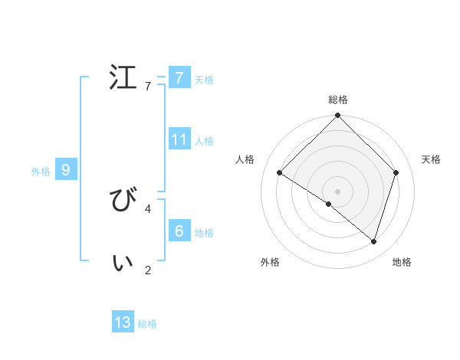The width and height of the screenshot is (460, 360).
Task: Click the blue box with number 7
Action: [x=179, y=77]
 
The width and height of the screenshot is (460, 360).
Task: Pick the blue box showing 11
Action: [x=179, y=139]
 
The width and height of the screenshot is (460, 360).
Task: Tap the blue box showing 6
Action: [x=179, y=231]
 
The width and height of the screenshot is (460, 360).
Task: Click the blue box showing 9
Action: [x=65, y=170]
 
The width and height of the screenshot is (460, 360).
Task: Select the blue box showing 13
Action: [x=123, y=322]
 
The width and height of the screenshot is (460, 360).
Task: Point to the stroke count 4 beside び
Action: [x=148, y=208]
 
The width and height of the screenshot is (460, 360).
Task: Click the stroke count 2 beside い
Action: [x=148, y=270]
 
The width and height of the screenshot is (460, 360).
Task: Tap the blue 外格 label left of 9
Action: [x=41, y=172]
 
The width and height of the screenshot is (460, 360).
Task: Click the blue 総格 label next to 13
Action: [x=147, y=324]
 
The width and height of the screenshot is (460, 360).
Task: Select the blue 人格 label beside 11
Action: [x=204, y=141]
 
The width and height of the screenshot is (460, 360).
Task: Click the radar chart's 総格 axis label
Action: [x=338, y=100]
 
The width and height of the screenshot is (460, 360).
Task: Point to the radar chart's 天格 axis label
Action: [x=431, y=159]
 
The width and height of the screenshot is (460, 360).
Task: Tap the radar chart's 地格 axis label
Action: [x=402, y=262]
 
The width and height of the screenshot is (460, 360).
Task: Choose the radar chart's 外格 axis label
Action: [x=270, y=262]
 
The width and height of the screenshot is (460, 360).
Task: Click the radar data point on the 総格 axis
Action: [x=338, y=116]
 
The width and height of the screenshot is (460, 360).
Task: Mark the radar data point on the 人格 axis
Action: [x=280, y=173]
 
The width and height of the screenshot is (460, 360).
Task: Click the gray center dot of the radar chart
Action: [x=338, y=191]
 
